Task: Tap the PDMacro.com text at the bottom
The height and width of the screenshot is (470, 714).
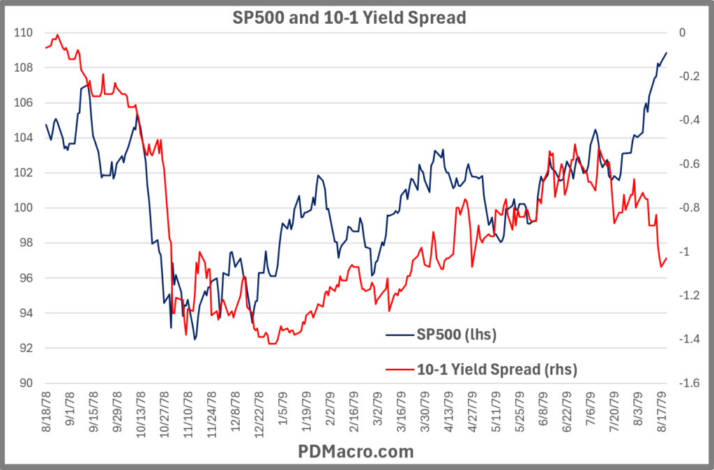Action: [357, 451]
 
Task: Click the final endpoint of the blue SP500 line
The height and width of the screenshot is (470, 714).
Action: [667, 53]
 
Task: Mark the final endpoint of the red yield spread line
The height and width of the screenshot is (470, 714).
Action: [667, 259]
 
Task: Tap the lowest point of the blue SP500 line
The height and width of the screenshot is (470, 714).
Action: [195, 339]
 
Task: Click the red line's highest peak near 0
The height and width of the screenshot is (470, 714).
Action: [57, 34]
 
